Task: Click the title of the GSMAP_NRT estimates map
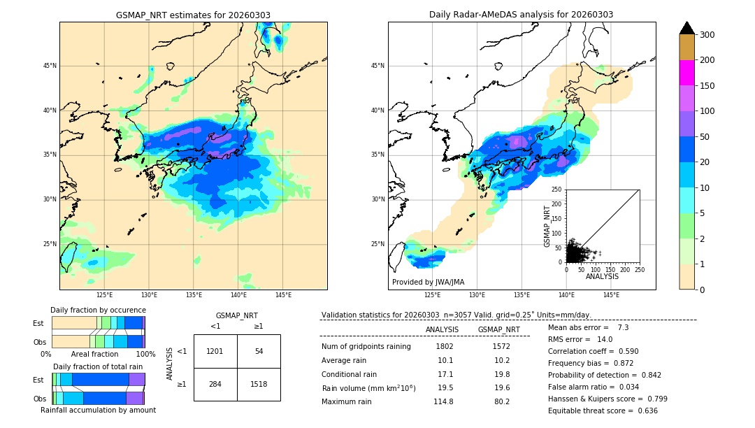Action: (x=193, y=15)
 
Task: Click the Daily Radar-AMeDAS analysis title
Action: (x=522, y=15)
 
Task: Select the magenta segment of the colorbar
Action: (x=686, y=73)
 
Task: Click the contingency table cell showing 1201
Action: (x=215, y=351)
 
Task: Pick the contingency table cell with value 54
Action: (x=259, y=351)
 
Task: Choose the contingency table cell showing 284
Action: (x=215, y=384)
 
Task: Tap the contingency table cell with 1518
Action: (x=259, y=384)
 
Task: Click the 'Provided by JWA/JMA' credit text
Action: (x=428, y=283)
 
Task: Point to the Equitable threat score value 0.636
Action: (x=643, y=411)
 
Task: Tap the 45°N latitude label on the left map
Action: (x=50, y=66)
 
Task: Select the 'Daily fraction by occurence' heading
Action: (x=98, y=310)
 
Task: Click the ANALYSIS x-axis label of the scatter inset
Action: (x=602, y=276)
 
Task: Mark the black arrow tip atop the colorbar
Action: (x=686, y=27)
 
